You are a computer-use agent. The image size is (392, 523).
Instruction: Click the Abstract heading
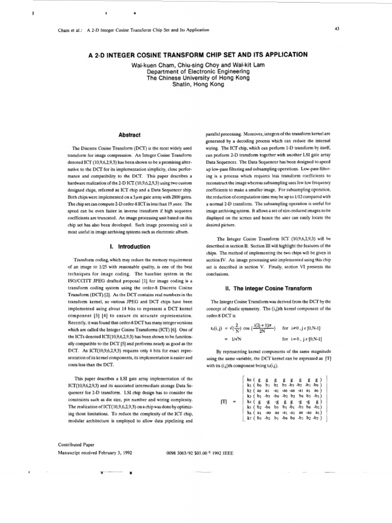click(x=129, y=135)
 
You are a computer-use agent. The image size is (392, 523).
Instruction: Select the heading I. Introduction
click(x=129, y=245)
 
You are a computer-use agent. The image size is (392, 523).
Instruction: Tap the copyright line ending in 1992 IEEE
click(x=200, y=452)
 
